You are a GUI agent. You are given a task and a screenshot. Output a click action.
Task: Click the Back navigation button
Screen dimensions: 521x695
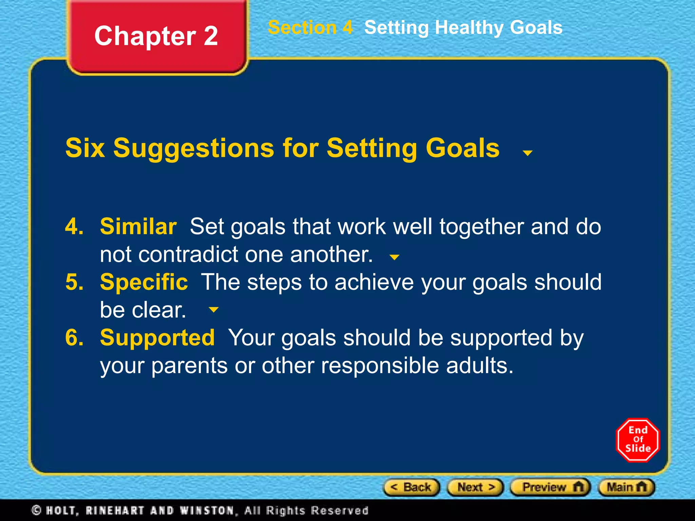click(x=411, y=487)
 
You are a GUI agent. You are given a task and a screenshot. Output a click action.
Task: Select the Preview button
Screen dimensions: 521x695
click(x=550, y=487)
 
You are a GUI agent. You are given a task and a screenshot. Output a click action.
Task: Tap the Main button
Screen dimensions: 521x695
click(x=626, y=487)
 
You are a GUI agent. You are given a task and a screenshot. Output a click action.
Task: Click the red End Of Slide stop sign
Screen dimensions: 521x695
click(x=638, y=440)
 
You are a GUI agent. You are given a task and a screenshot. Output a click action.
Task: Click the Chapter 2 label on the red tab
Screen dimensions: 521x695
click(x=156, y=36)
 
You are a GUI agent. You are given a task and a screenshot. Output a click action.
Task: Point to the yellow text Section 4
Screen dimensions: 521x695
click(x=310, y=27)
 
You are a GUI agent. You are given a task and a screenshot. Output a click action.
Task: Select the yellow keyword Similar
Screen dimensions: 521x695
click(x=138, y=226)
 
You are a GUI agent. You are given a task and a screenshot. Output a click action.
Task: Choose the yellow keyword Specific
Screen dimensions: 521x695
click(x=144, y=282)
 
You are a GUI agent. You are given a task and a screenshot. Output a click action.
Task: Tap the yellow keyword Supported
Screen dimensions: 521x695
click(x=157, y=337)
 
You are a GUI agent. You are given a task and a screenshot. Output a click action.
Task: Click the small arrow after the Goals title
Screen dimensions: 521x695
click(x=527, y=153)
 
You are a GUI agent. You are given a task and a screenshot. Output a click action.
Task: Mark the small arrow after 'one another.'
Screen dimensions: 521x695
click(x=394, y=257)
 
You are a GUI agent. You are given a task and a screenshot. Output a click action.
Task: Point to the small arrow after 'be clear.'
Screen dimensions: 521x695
click(x=213, y=309)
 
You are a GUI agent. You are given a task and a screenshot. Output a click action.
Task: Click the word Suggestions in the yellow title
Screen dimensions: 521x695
click(x=193, y=148)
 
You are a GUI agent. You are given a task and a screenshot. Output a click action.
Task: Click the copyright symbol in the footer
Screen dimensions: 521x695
click(x=36, y=510)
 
